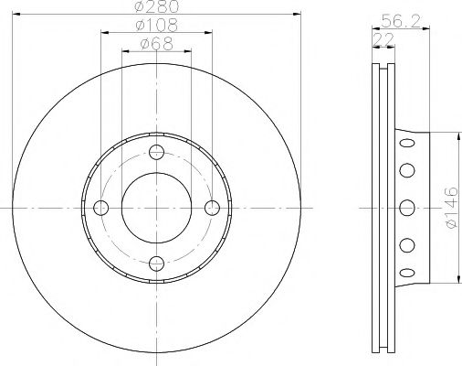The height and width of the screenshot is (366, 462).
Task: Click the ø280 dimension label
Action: point(155,7)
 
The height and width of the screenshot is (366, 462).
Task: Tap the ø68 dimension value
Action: point(155,43)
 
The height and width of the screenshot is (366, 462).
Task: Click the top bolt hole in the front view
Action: point(156,152)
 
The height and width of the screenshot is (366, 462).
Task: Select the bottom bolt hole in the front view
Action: point(156,264)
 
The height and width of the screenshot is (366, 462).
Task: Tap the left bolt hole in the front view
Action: point(100,208)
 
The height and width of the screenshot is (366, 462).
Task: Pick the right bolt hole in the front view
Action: point(213,208)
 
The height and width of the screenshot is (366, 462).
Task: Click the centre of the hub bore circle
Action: point(156,208)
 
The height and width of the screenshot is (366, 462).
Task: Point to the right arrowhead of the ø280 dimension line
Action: point(297,14)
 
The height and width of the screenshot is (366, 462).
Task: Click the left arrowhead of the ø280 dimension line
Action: point(16,14)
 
